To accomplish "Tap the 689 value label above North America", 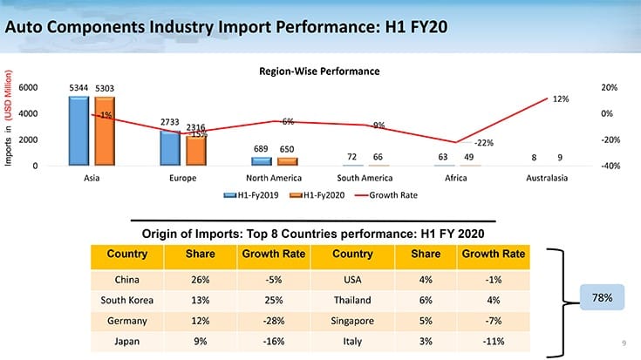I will coord(261,149).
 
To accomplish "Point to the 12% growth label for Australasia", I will coord(561,99).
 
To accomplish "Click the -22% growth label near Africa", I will coord(484,142).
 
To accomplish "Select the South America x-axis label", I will coord(365,178).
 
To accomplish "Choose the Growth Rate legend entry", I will coord(388,195).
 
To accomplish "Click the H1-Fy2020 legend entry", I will coord(319,195).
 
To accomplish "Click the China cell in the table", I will coord(126,280).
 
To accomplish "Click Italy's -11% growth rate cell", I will coord(493,340).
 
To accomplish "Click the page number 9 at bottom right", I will coord(624,343).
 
